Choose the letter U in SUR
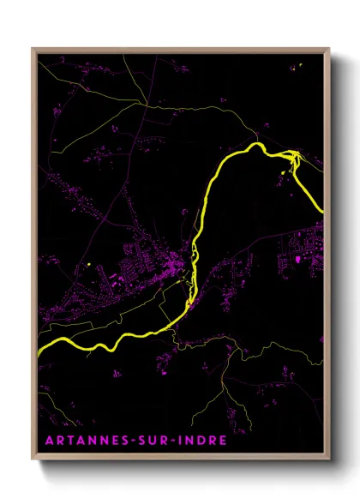pos(153,441)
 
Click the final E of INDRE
pos(223,441)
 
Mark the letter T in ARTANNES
pos(67,441)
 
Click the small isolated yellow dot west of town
pos(89,264)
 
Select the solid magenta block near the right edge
pos(297,258)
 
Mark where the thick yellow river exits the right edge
pos(321,210)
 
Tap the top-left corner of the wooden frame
pos(33,49)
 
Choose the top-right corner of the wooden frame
pos(330,49)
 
